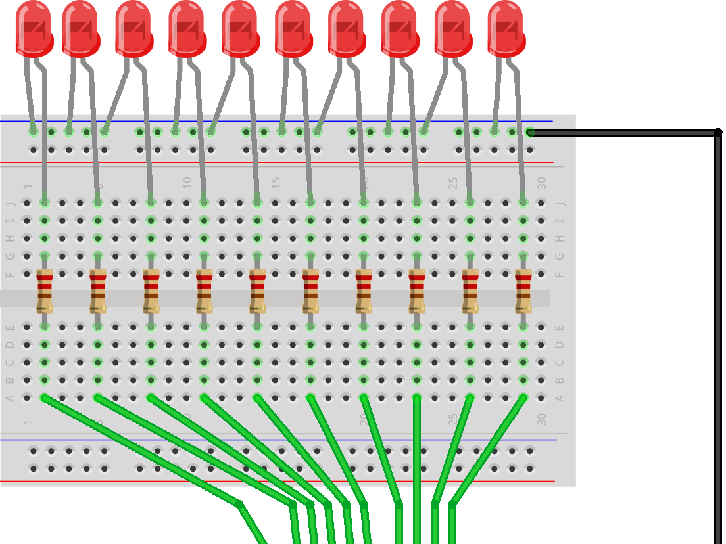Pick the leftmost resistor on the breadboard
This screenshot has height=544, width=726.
pyautogui.click(x=45, y=291)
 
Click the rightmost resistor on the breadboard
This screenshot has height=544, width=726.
pyautogui.click(x=523, y=291)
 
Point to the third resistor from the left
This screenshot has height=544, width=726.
pyautogui.click(x=151, y=291)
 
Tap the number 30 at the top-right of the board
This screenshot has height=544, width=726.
pyautogui.click(x=541, y=183)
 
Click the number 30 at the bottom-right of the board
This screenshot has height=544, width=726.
pyautogui.click(x=541, y=419)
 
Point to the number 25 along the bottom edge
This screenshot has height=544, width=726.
pyautogui.click(x=452, y=419)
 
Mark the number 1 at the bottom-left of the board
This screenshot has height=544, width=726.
pyautogui.click(x=27, y=421)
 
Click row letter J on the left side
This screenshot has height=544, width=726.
pyautogui.click(x=10, y=203)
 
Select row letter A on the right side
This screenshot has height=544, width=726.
pyautogui.click(x=560, y=398)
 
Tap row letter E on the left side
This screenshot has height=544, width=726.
pyautogui.click(x=10, y=327)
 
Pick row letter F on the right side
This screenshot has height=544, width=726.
pyautogui.click(x=560, y=274)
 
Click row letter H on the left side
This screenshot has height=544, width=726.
pyautogui.click(x=10, y=238)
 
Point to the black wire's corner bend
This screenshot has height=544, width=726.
pyautogui.click(x=717, y=133)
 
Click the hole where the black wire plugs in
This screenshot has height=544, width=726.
pyautogui.click(x=530, y=132)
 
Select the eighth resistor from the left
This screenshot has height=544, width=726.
pyautogui.click(x=417, y=291)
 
